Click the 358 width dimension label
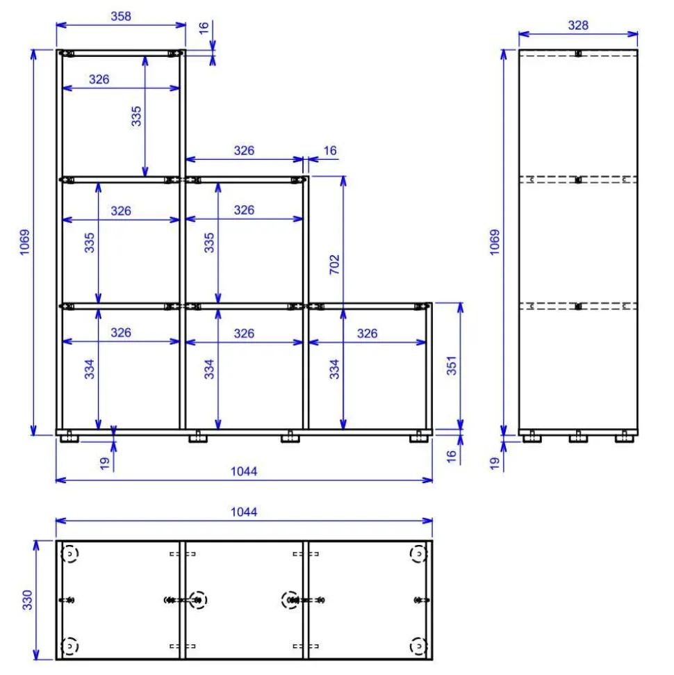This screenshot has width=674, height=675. [x=120, y=17]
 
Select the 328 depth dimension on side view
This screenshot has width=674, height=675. [x=578, y=26]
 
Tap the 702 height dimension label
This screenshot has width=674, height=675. [x=334, y=264]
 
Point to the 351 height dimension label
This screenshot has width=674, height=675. [x=451, y=366]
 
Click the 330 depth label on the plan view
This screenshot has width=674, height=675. [x=27, y=600]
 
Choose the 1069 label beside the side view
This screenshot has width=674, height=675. [x=495, y=242]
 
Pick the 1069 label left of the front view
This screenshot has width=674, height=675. [x=24, y=242]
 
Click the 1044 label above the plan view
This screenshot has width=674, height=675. [x=244, y=512]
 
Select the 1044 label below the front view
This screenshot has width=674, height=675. [x=244, y=471]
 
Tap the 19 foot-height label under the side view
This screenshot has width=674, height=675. [x=495, y=463]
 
